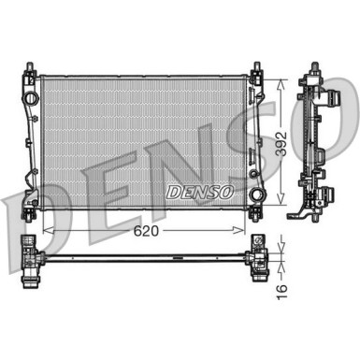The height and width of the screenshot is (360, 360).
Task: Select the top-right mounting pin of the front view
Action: click(253, 67)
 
